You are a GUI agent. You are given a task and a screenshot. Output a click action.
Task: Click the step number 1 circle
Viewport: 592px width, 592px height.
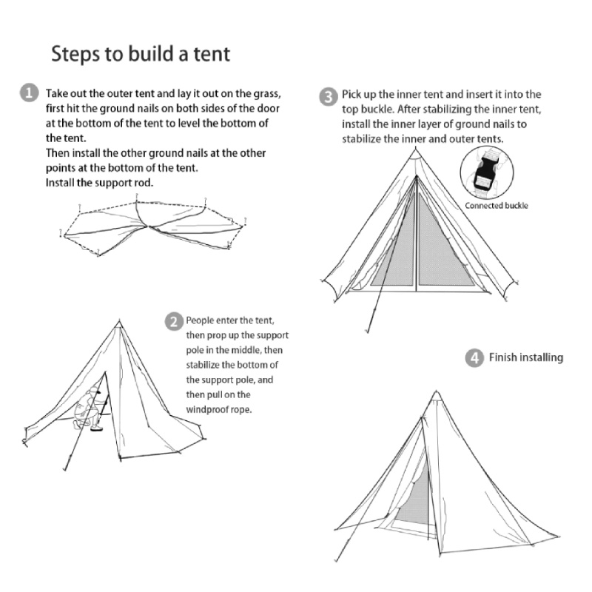click(x=29, y=93)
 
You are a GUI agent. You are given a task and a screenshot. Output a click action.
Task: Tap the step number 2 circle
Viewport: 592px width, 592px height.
click(x=174, y=322)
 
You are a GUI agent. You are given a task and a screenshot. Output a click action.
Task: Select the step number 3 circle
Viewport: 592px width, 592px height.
click(x=329, y=97)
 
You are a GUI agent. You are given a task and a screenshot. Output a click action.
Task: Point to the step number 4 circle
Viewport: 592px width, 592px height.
click(x=474, y=358)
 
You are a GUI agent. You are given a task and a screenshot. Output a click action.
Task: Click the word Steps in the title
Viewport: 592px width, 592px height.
click(x=75, y=54)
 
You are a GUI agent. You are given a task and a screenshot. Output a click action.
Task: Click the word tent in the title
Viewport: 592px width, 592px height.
click(x=212, y=54)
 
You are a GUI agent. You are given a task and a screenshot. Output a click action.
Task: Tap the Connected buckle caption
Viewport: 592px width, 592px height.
click(x=497, y=206)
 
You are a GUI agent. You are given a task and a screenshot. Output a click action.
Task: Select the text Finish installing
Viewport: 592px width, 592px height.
click(x=526, y=357)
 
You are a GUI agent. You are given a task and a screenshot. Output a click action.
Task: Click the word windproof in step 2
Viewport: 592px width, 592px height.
click(x=207, y=410)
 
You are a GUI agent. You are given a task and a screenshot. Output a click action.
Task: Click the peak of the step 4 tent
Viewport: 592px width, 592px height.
click(x=437, y=391)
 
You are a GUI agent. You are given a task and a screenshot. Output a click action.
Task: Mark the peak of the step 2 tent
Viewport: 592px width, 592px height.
click(x=119, y=320)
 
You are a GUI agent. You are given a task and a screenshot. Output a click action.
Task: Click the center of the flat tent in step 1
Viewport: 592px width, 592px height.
click(x=149, y=226)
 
